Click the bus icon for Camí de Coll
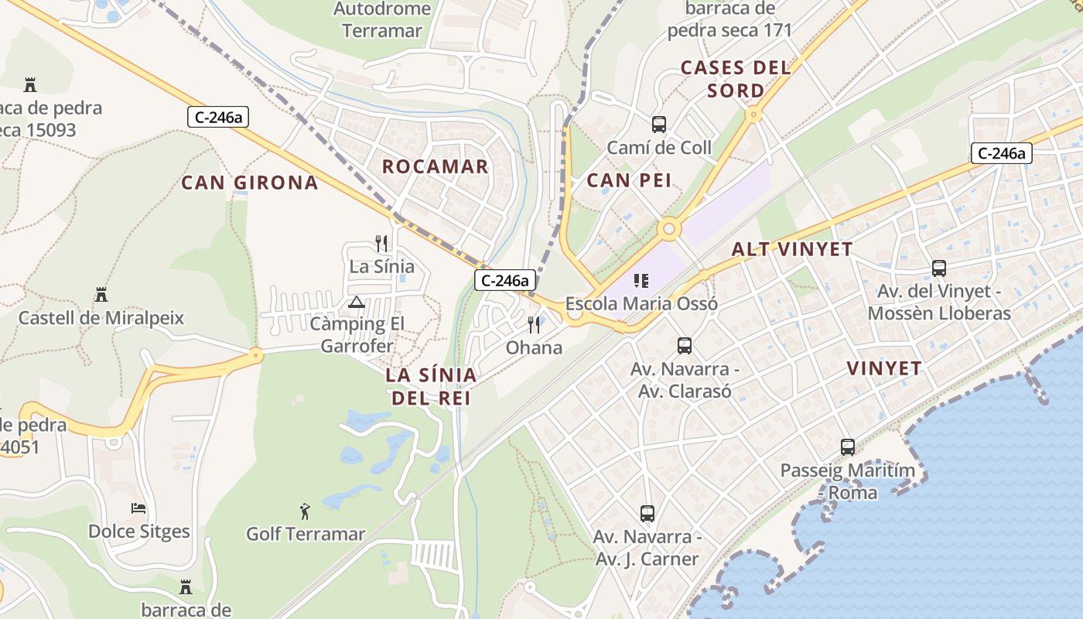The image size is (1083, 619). pyautogui.click(x=659, y=124)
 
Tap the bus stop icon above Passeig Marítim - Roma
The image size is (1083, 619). pyautogui.click(x=848, y=446)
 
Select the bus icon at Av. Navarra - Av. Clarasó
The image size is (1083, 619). pyautogui.click(x=685, y=345)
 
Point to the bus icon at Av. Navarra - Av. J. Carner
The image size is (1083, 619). pyautogui.click(x=647, y=512)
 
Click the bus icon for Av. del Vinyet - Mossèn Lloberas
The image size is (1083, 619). pyautogui.click(x=939, y=268)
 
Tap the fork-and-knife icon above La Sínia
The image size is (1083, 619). pyautogui.click(x=381, y=243)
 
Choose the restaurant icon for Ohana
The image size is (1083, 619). pyautogui.click(x=534, y=324)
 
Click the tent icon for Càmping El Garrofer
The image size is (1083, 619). pyautogui.click(x=356, y=301)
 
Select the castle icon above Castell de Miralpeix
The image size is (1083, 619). pyautogui.click(x=101, y=294)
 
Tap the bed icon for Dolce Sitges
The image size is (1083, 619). pyautogui.click(x=138, y=508)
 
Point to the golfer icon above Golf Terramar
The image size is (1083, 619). pyautogui.click(x=305, y=511)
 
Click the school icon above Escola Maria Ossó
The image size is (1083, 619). pyautogui.click(x=641, y=280)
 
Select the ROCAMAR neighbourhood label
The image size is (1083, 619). pyautogui.click(x=436, y=166)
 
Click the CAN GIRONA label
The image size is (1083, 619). pyautogui.click(x=249, y=183)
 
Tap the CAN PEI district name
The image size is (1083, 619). pyautogui.click(x=629, y=180)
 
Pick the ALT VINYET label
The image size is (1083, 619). pyautogui.click(x=791, y=249)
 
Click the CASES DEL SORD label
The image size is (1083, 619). pyautogui.click(x=736, y=79)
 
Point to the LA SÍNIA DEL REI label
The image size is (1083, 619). pyautogui.click(x=432, y=386)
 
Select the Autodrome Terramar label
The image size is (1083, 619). pyautogui.click(x=382, y=20)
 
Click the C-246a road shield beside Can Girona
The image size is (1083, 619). pyautogui.click(x=218, y=117)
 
